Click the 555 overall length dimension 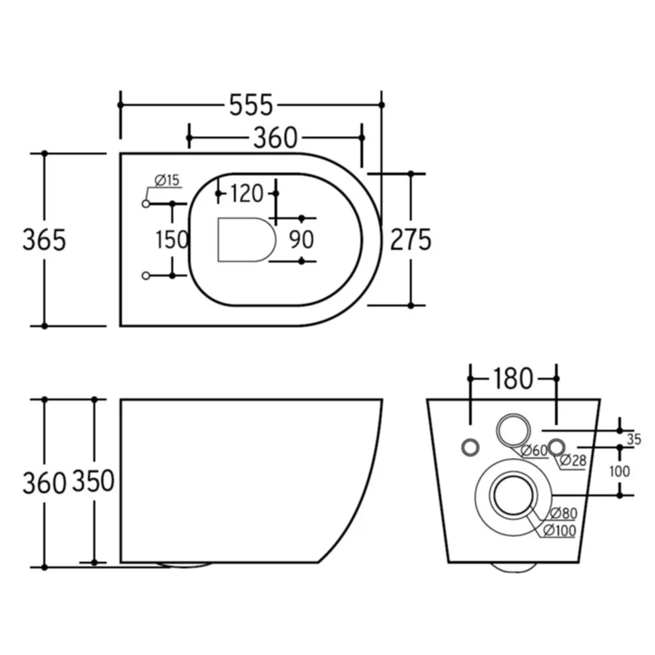251,105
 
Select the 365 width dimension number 44,240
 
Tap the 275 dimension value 410,240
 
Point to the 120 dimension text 247,193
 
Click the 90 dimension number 301,239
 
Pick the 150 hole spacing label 172,240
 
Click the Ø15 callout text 167,181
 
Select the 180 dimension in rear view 513,378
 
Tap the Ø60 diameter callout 534,450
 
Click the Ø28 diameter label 572,460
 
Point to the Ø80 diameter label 564,513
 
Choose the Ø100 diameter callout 559,530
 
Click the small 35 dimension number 634,439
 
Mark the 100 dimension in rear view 620,471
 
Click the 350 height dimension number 93,480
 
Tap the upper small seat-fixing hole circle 146,204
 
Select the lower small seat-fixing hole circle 146,276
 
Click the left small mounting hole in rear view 470,447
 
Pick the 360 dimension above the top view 275,138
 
